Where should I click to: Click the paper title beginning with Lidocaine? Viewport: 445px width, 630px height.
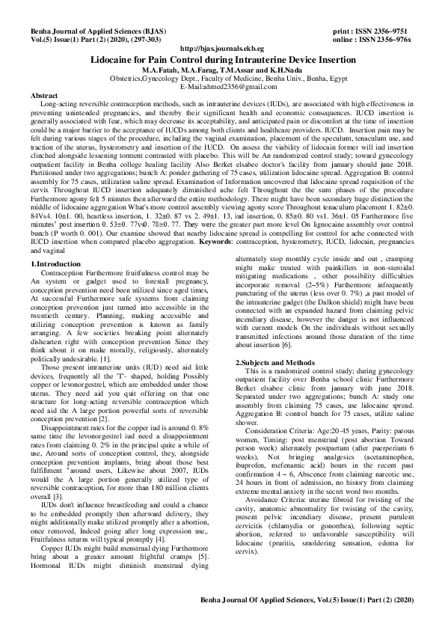[222, 57]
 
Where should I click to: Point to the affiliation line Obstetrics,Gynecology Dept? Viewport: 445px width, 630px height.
[222, 76]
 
